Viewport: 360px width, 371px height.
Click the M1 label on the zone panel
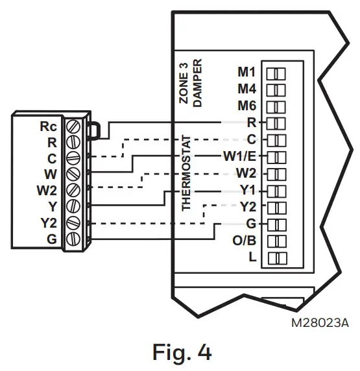[248, 71]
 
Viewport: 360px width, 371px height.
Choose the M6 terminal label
[248, 104]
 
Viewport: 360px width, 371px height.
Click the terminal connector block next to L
[276, 257]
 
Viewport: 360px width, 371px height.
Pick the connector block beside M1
[276, 71]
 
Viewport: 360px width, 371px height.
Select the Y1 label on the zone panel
[248, 190]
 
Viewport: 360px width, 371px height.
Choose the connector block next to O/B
[276, 241]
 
